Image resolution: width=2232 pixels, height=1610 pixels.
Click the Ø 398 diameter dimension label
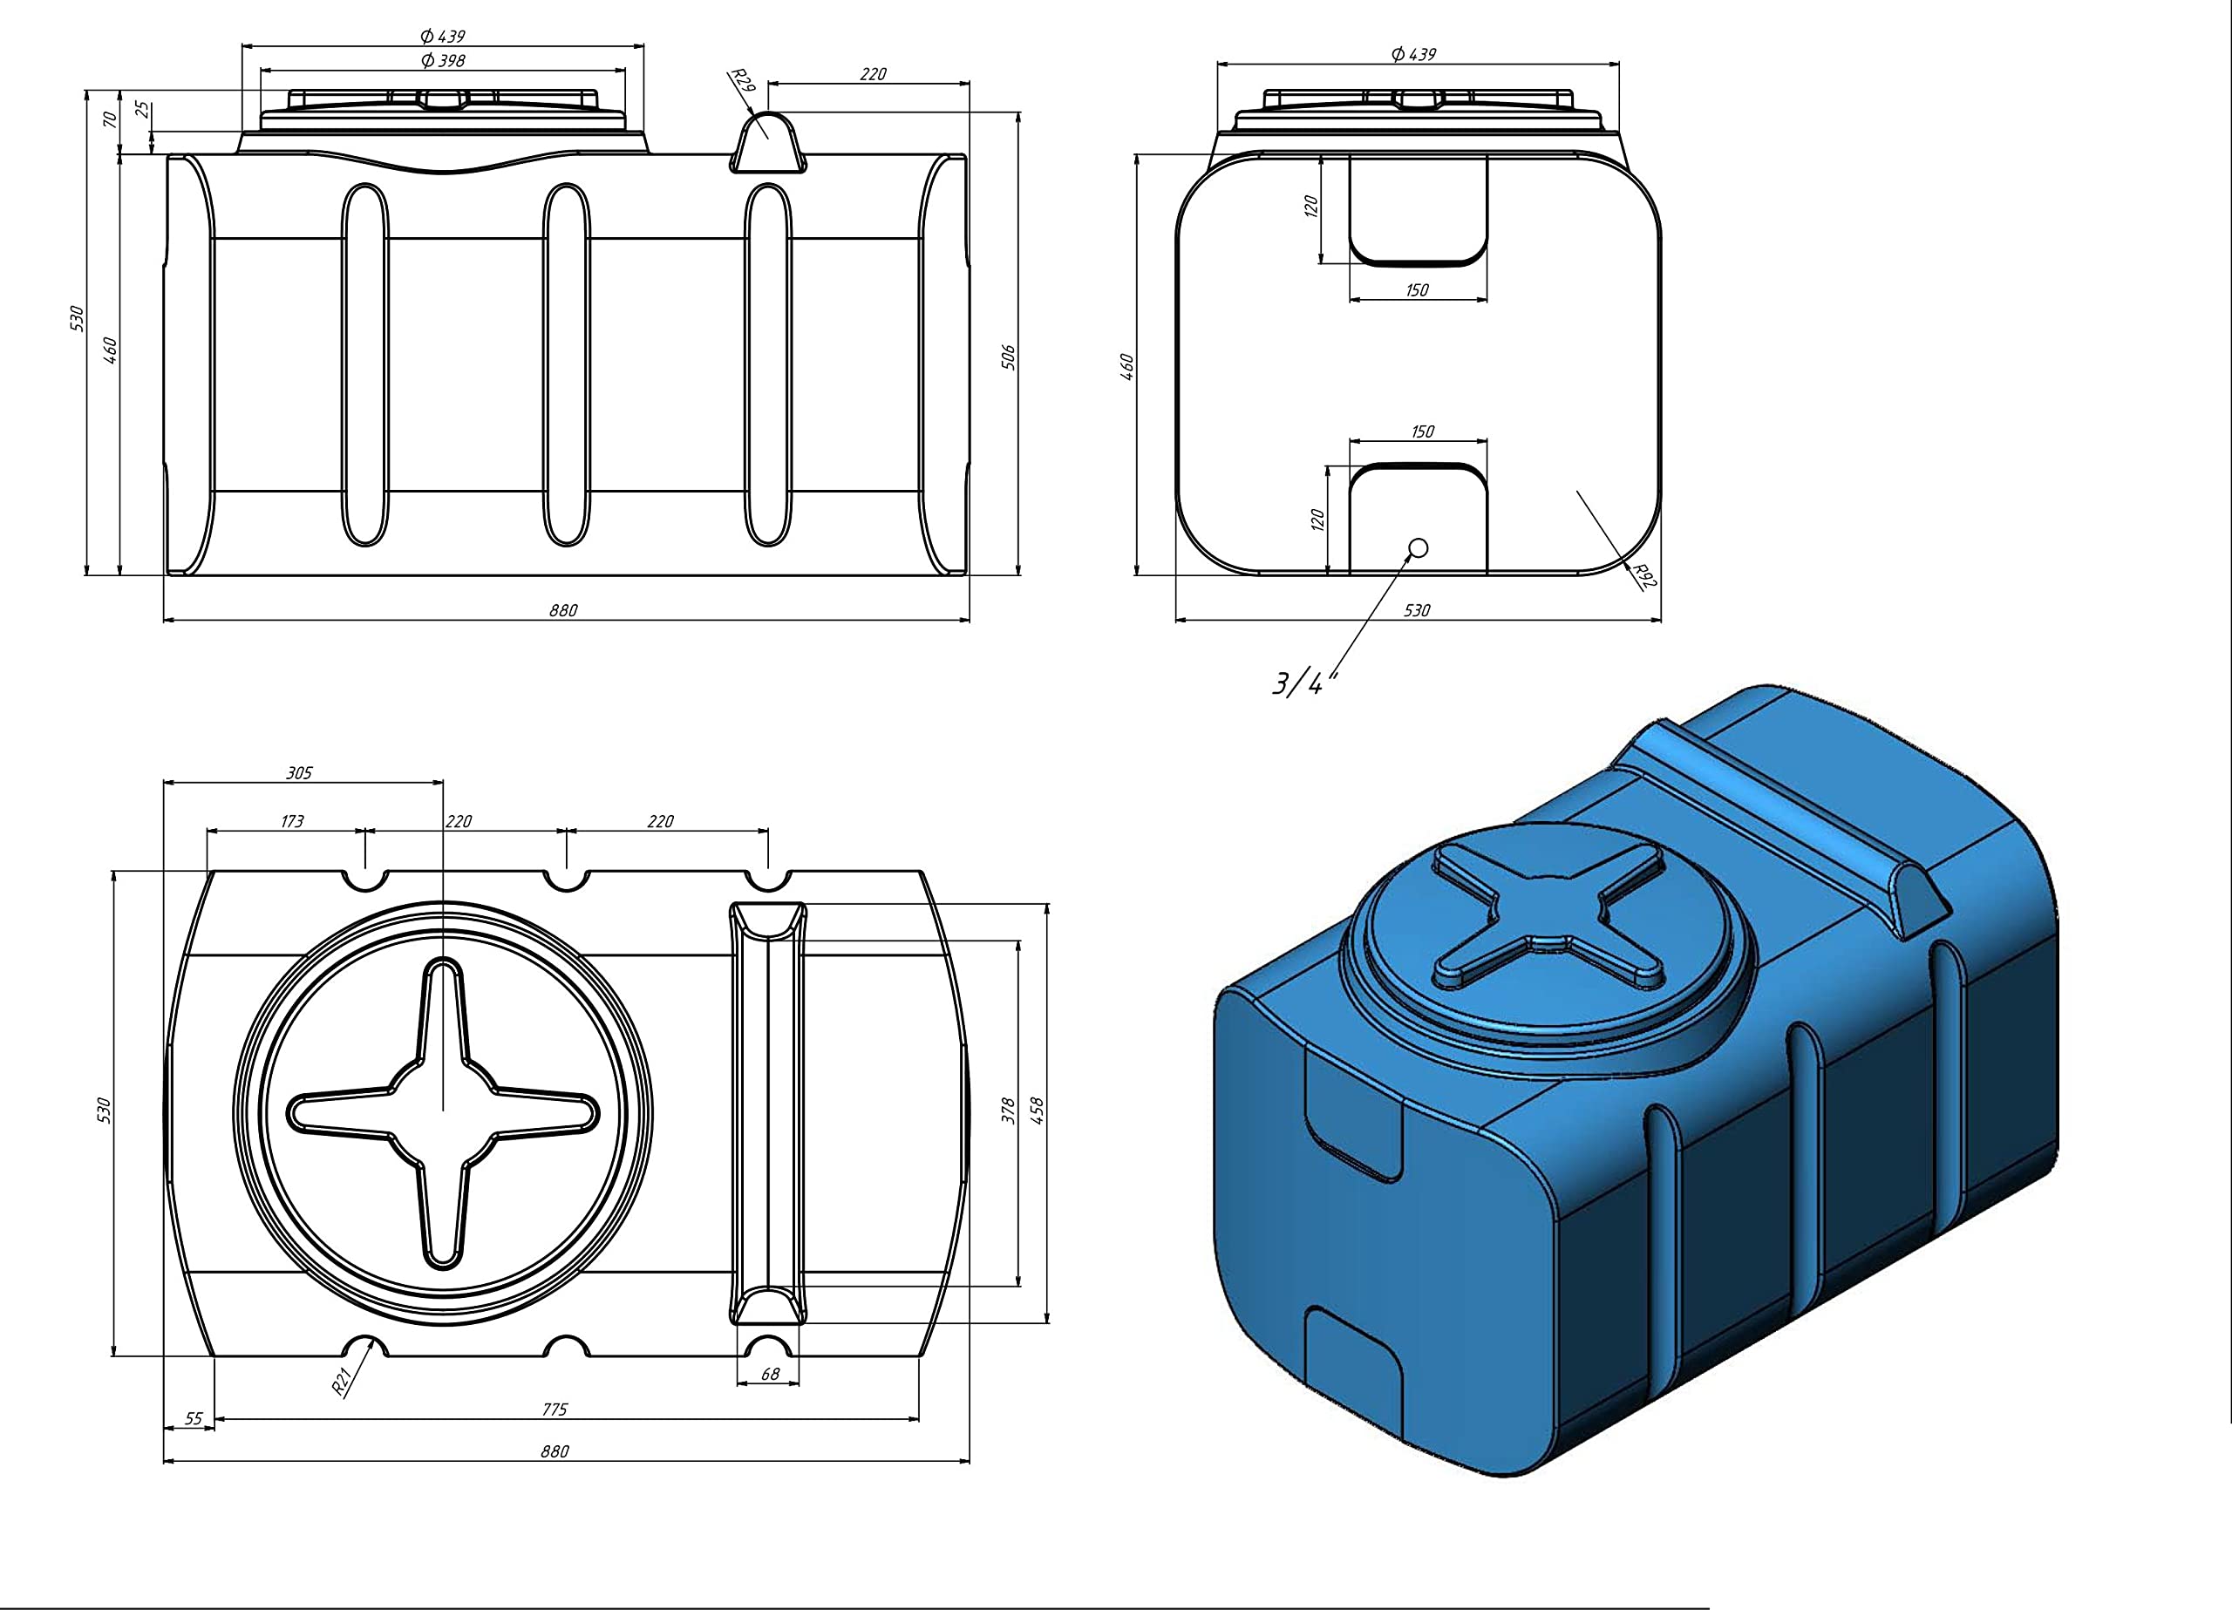point(442,60)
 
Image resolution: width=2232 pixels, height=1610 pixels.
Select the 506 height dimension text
point(1008,357)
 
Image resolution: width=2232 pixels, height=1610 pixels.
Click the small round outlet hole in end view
point(1419,548)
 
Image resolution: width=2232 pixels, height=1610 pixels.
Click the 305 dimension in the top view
point(299,772)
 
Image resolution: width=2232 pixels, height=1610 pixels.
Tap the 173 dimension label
point(292,821)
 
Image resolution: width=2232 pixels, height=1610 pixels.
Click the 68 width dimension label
point(771,1374)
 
